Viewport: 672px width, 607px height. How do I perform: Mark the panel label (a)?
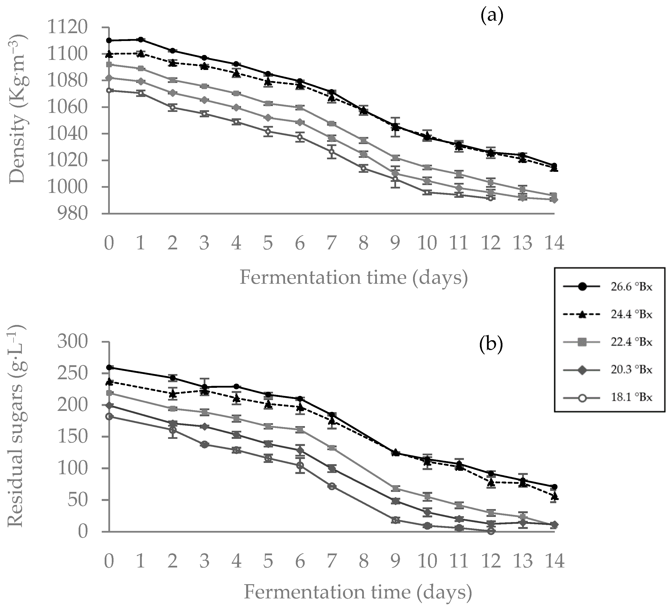coord(492,16)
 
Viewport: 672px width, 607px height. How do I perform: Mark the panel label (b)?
coord(491,346)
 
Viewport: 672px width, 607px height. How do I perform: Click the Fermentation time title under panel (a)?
coord(353,277)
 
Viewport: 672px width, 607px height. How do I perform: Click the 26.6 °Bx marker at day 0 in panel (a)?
coord(109,40)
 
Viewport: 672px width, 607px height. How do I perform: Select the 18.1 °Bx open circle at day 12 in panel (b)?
coord(491,531)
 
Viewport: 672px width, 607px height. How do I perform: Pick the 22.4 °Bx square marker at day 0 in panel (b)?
coord(109,393)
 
